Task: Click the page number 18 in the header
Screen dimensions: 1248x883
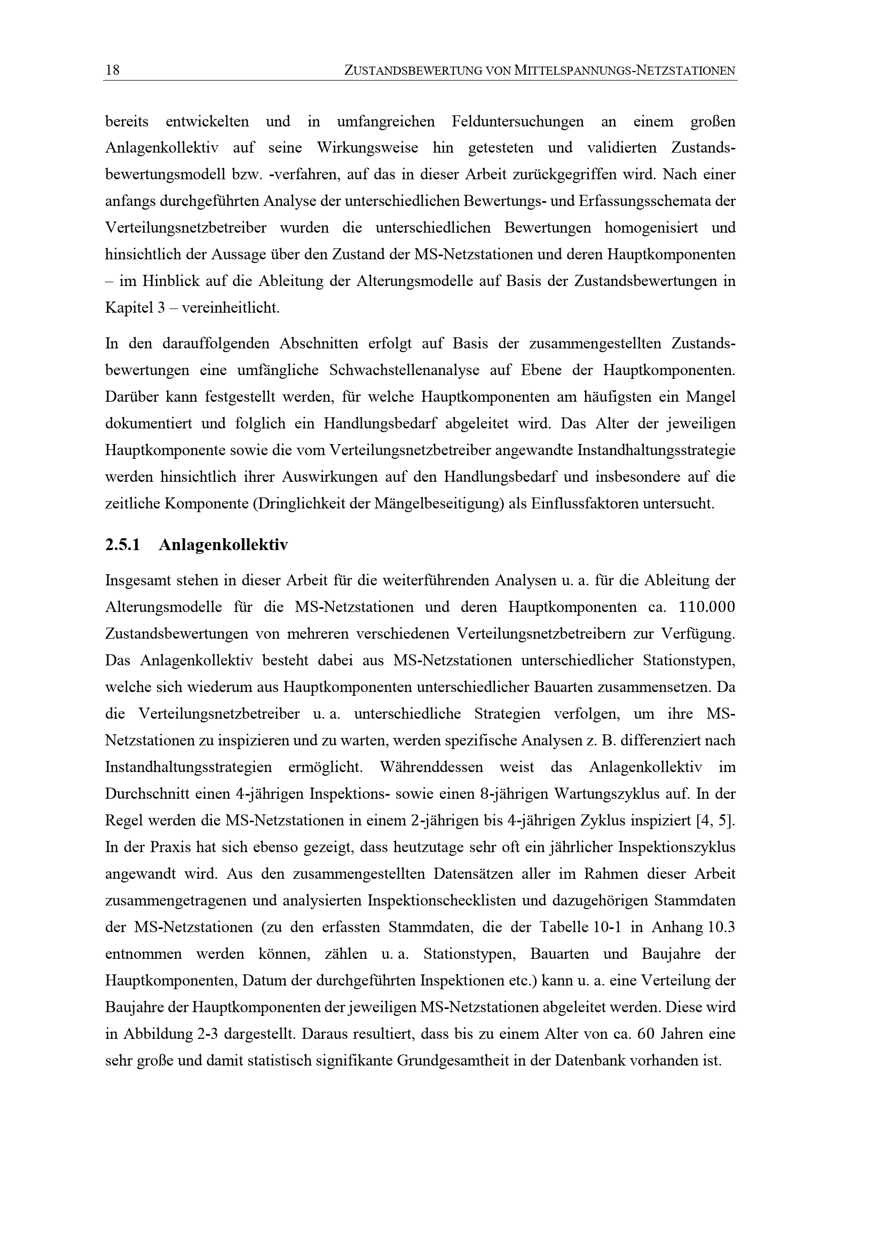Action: pos(113,70)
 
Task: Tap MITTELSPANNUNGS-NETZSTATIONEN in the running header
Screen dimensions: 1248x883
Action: pos(625,70)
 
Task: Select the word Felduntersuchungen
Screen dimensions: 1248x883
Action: pos(518,121)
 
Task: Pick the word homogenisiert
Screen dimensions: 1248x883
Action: pos(651,228)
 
